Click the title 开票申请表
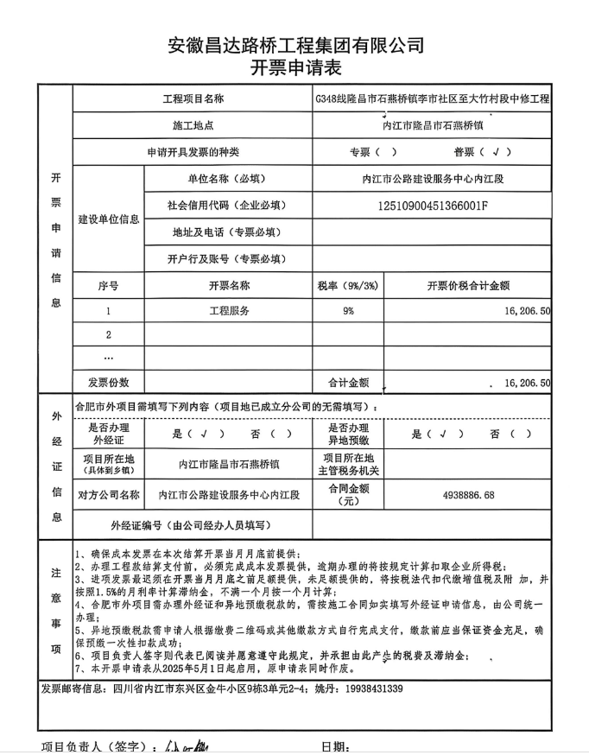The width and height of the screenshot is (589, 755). [x=294, y=68]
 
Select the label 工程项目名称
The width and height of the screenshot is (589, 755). [x=193, y=99]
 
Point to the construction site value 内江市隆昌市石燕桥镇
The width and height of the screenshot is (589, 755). [x=432, y=125]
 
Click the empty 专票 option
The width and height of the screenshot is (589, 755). [x=373, y=152]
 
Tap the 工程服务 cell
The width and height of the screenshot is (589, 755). [x=229, y=311]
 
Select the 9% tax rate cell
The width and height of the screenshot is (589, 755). [x=348, y=311]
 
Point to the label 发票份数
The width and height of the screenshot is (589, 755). [x=108, y=382]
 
